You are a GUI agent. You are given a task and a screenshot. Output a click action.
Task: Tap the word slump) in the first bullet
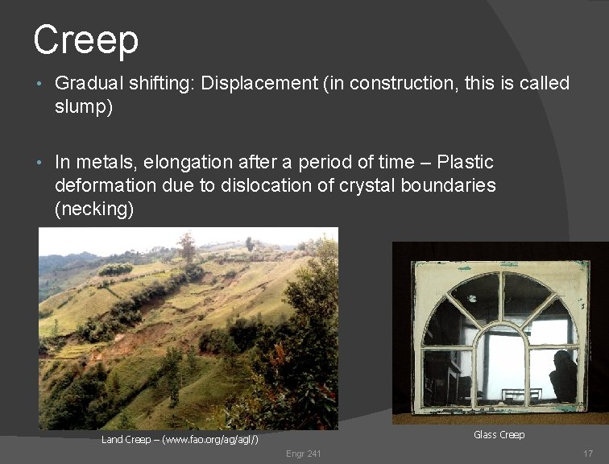(84, 107)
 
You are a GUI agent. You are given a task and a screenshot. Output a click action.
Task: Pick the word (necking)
(93, 209)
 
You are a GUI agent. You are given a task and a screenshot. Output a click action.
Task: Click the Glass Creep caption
(499, 435)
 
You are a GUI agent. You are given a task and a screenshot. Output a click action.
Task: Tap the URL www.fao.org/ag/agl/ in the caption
(212, 439)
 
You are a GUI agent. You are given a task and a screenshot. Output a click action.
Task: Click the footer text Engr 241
(303, 454)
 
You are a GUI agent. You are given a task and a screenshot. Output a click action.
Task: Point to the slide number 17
(587, 454)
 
